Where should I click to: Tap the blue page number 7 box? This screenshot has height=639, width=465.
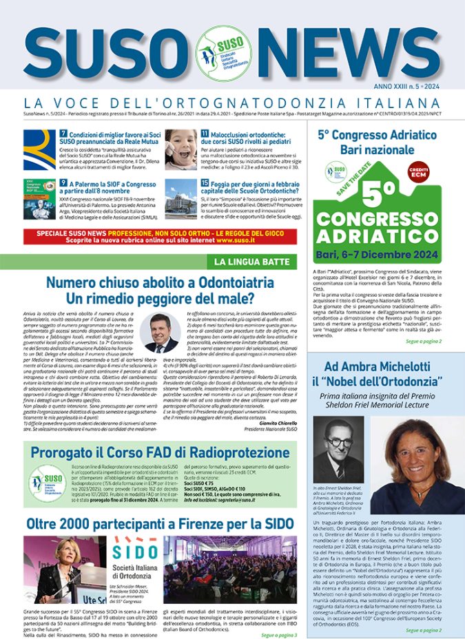click(x=63, y=133)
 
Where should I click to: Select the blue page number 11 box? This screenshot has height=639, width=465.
click(x=205, y=133)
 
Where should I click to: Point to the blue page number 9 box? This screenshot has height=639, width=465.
click(x=63, y=183)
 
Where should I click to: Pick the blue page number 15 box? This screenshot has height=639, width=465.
click(x=205, y=183)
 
